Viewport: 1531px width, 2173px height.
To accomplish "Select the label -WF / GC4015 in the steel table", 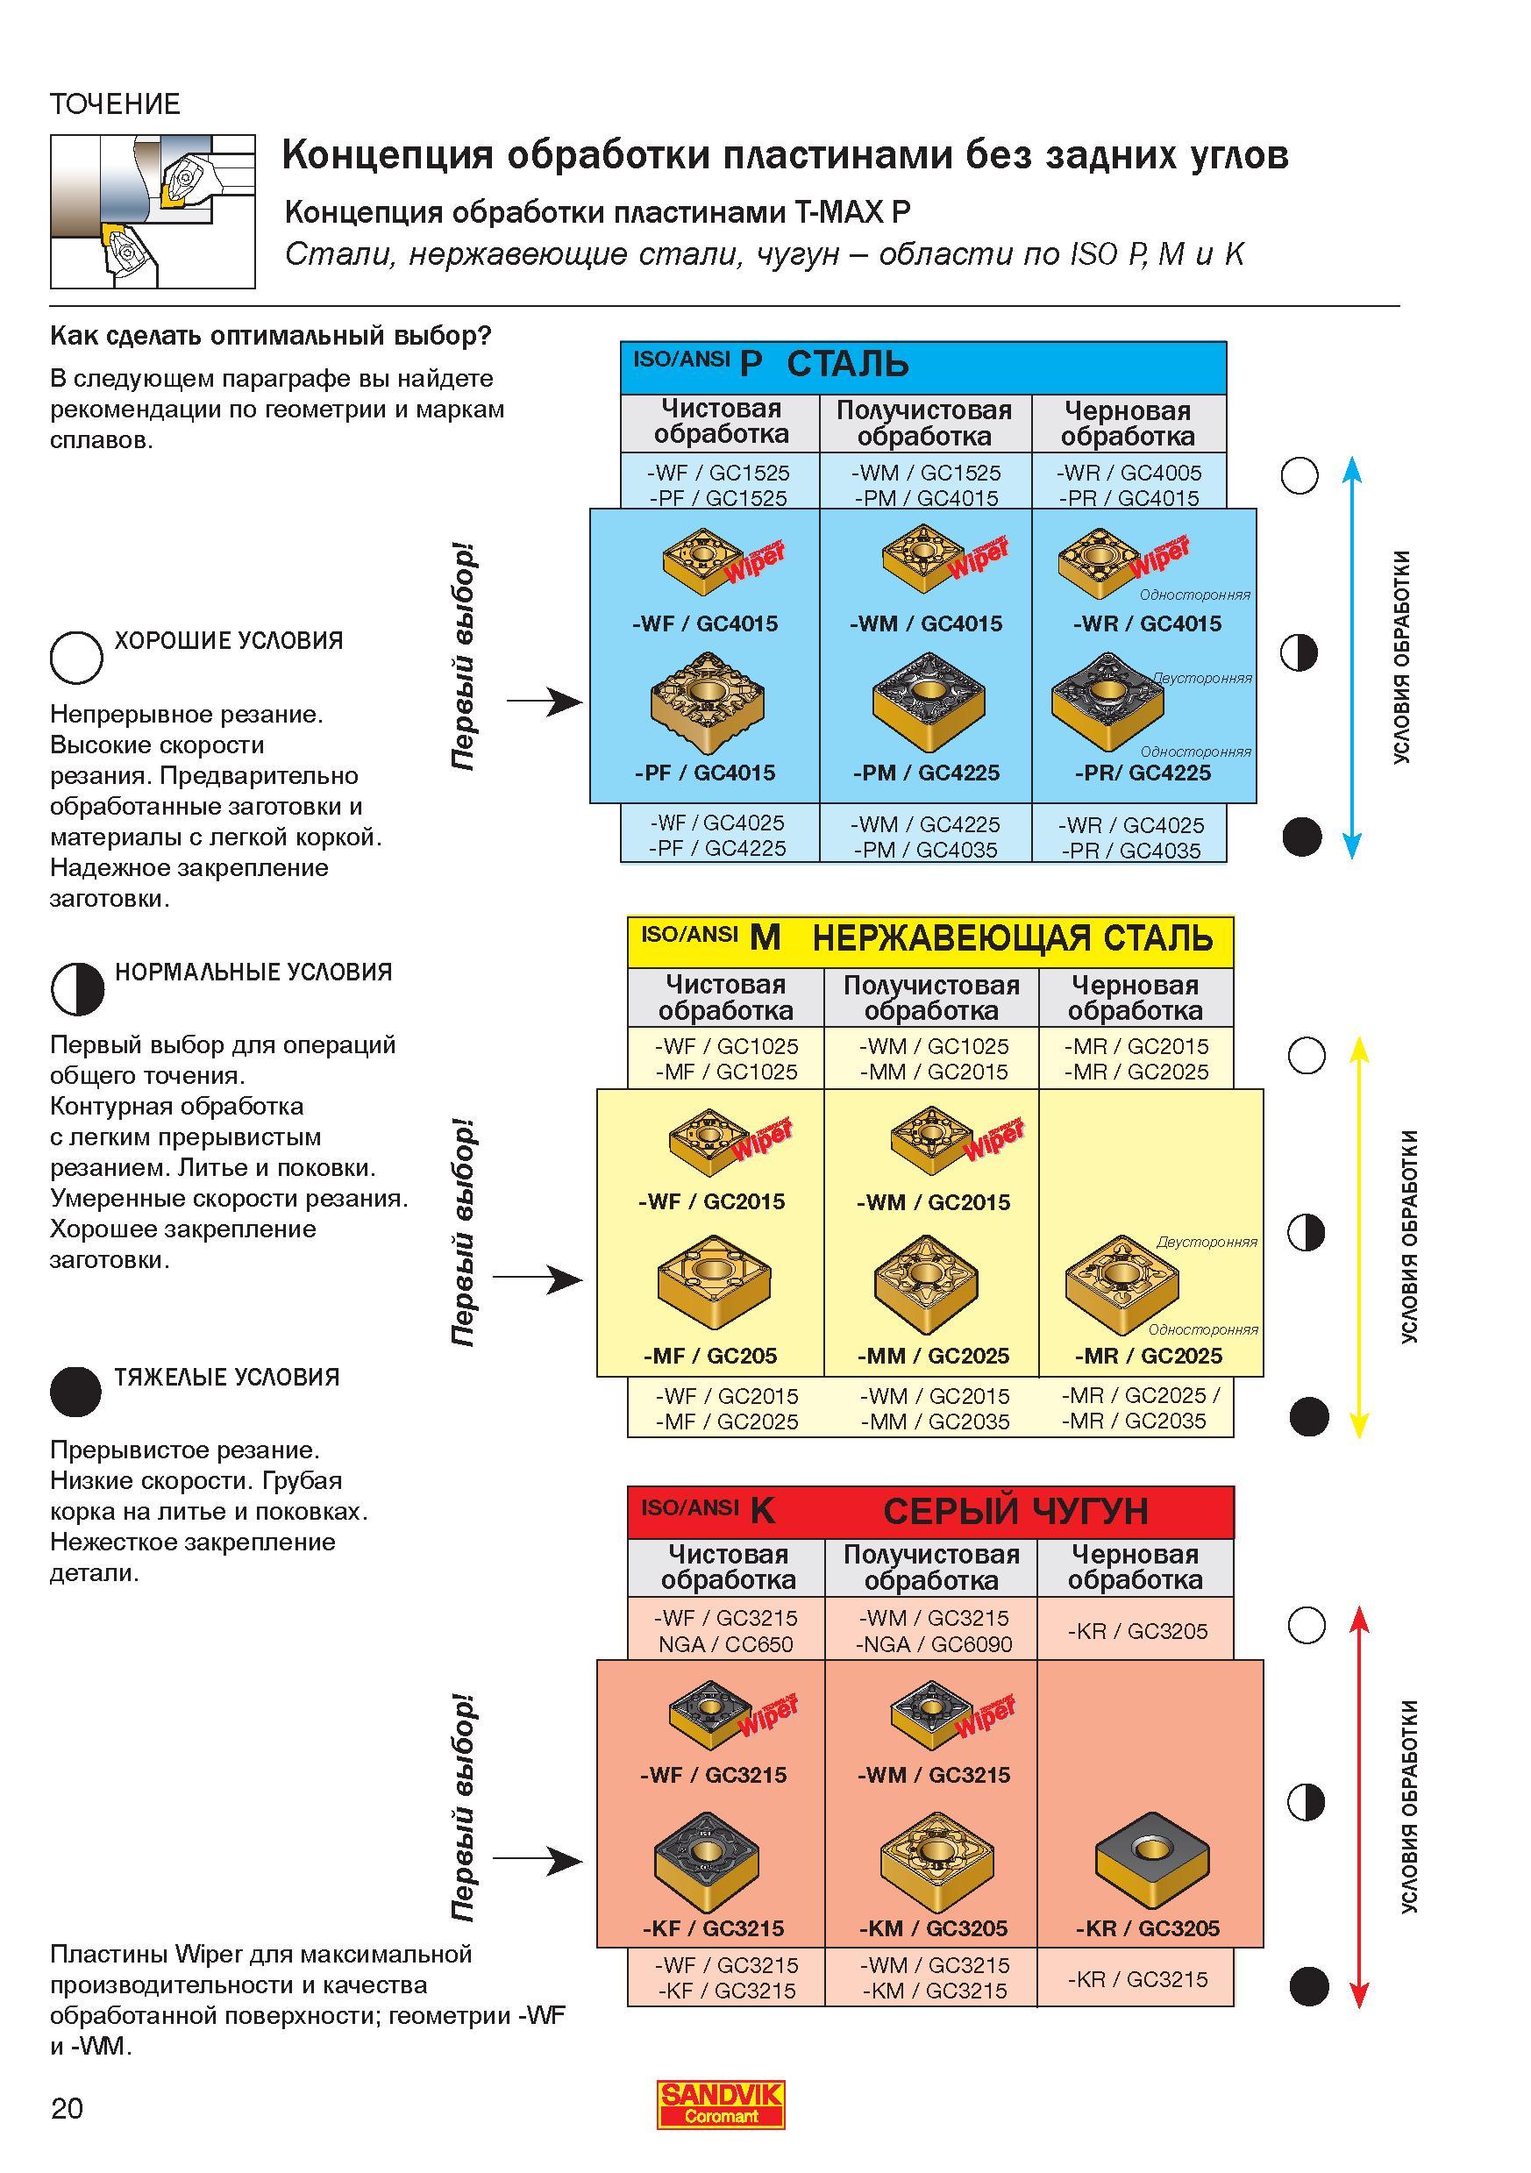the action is (x=705, y=623).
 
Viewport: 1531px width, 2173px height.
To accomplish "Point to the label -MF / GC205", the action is (x=709, y=1356).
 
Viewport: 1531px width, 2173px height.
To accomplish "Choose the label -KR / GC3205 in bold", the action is (x=1148, y=1927).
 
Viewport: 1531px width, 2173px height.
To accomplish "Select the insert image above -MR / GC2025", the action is (x=1122, y=1281).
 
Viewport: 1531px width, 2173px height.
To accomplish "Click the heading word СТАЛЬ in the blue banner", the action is (x=848, y=365).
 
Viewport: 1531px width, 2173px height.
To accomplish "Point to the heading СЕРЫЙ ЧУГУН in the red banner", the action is (x=1015, y=1512).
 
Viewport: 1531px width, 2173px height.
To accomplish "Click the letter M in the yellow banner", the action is (x=765, y=938).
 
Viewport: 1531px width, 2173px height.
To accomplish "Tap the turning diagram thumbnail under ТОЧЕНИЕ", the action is (x=153, y=211).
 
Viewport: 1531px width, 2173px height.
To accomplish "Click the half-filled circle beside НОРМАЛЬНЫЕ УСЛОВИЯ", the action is (x=76, y=988).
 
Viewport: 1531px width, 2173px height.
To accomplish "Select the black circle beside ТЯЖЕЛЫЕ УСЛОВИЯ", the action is (x=75, y=1393).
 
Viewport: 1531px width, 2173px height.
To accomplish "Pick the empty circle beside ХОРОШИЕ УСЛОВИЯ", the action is (x=76, y=657).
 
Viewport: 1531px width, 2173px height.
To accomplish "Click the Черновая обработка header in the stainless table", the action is (x=1136, y=998).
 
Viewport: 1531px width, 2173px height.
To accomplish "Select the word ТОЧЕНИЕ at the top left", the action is (x=115, y=104).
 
